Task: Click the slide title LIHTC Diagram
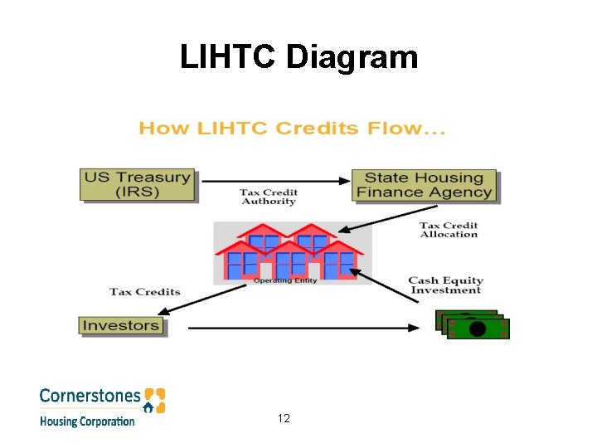pos(298,57)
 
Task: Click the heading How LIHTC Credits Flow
pos(292,129)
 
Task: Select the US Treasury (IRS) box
pos(138,185)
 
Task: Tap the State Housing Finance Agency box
pos(425,185)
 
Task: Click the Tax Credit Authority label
pos(268,197)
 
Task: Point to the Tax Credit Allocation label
pos(449,230)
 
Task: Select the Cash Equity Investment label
pos(445,285)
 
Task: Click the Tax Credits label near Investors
pos(145,291)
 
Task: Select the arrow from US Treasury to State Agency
pos(274,180)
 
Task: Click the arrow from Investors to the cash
pos(303,328)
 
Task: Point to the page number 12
pos(284,418)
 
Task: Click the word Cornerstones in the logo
pos(90,396)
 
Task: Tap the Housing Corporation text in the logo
pos(87,421)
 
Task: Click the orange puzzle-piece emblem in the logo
pos(154,399)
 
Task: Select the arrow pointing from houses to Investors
pos(202,299)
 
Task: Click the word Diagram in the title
pos(359,57)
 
